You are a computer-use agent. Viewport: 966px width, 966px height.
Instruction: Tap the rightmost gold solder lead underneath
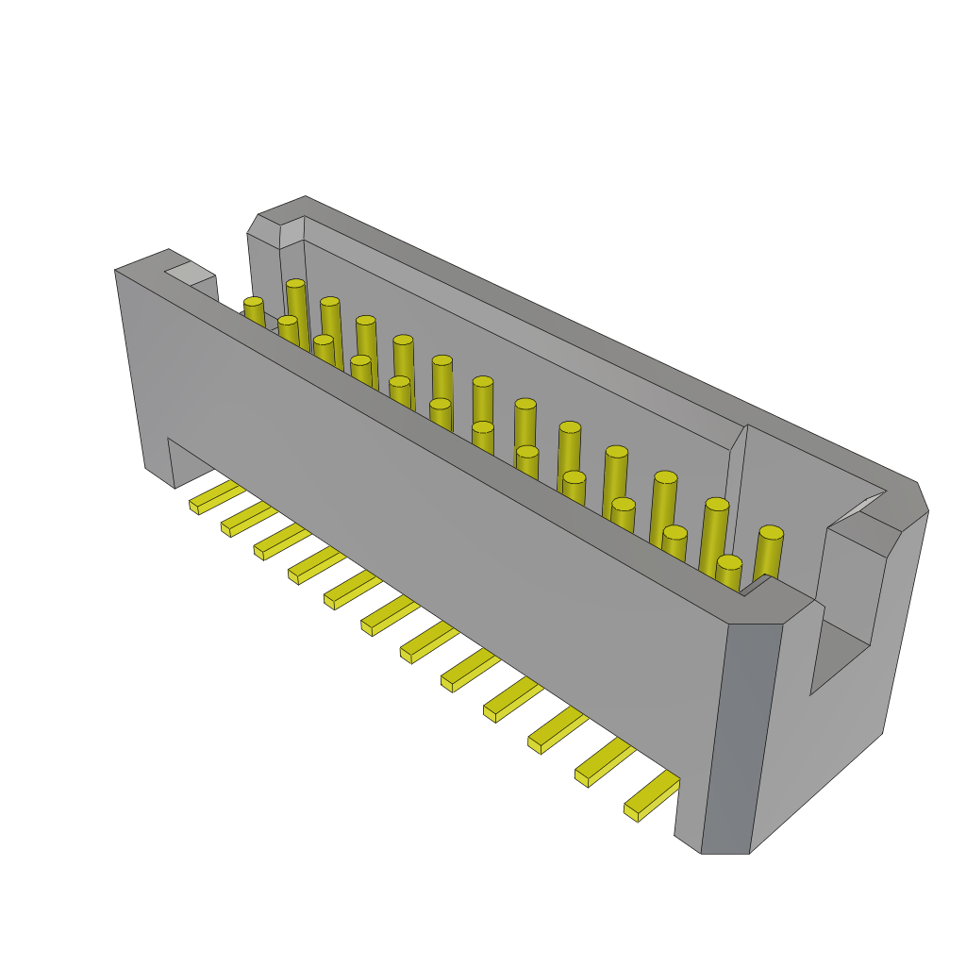[x=651, y=796]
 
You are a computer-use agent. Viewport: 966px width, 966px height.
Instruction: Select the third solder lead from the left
[x=279, y=542]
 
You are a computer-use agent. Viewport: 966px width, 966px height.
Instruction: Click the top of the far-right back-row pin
[x=771, y=533]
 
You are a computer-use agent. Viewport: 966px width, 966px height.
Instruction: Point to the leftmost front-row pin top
[x=254, y=303]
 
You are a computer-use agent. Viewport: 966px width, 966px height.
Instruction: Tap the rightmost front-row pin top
[x=728, y=562]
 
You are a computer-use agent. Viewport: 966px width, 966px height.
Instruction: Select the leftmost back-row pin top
[x=295, y=283]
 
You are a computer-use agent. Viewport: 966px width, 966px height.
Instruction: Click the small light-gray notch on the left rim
[x=191, y=274]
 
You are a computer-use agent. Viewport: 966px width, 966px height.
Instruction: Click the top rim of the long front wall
[x=453, y=443]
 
